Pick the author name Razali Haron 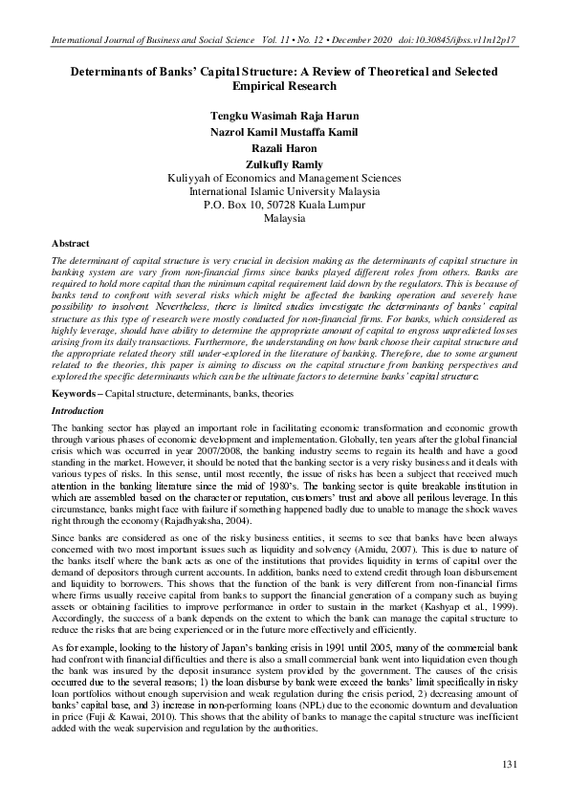click(x=284, y=148)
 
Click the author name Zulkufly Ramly click(x=284, y=164)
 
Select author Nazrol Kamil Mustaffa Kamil click(x=284, y=132)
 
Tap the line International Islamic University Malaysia click(x=284, y=191)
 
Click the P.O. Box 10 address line click(x=284, y=205)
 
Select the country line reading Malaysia click(x=284, y=218)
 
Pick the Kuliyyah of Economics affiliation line click(x=284, y=178)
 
